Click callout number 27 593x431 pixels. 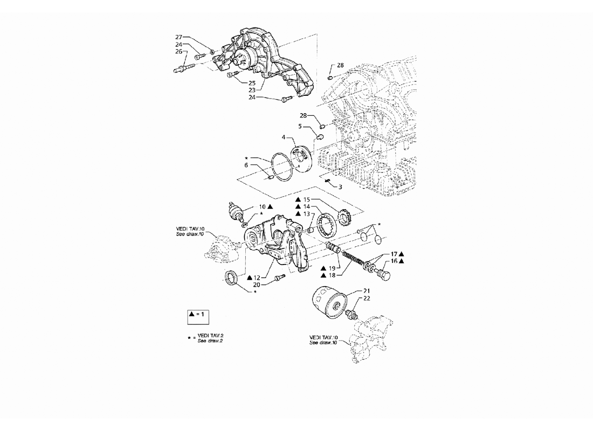(179, 37)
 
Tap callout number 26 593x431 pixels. (179, 51)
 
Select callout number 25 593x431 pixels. (252, 83)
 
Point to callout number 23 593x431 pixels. (252, 90)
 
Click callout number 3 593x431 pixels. (340, 187)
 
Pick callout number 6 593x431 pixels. (246, 165)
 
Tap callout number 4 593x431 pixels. (283, 137)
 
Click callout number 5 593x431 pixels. (300, 126)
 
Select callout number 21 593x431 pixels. (367, 291)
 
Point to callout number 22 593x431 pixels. (367, 298)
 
